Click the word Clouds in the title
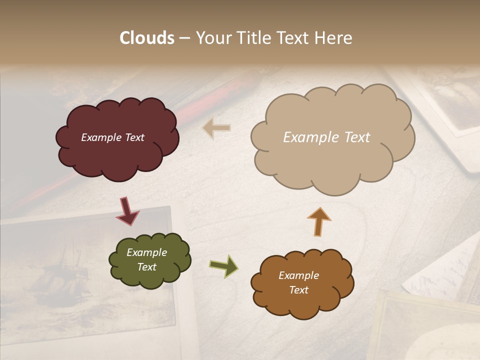146,38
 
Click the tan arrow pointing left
217,127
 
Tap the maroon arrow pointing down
127,211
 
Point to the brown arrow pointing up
318,221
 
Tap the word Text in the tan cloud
353,137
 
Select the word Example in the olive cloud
146,252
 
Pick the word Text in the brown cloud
298,290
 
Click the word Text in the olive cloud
146,267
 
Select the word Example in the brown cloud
298,275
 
